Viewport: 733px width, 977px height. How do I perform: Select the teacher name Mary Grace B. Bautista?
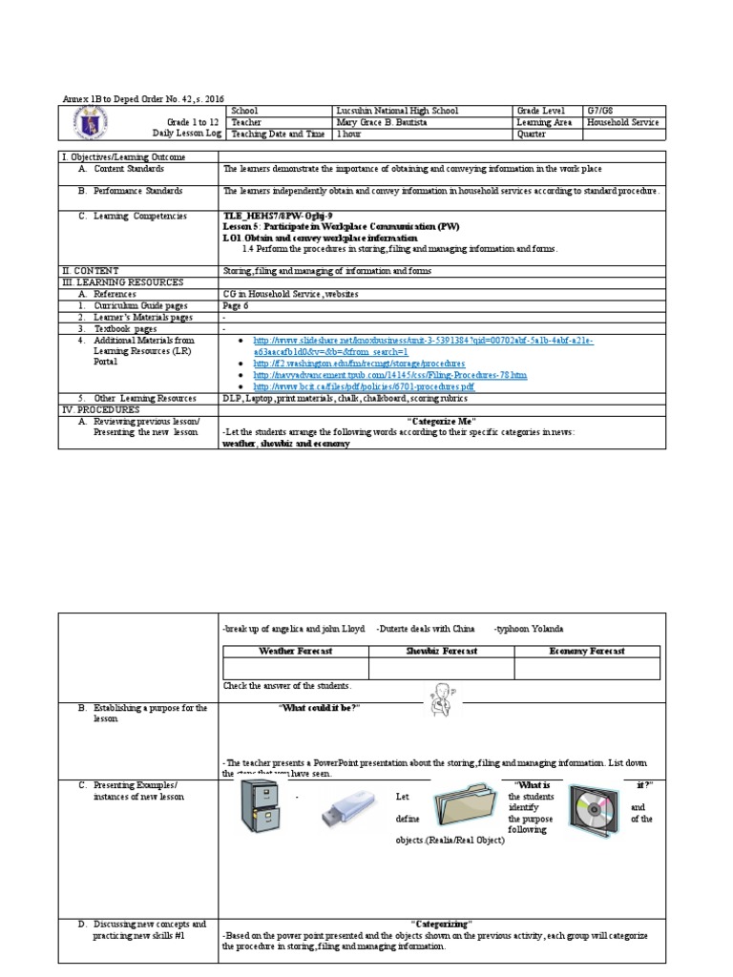(384, 122)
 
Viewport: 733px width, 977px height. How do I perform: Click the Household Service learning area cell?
(622, 122)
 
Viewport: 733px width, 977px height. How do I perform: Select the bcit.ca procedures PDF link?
(363, 386)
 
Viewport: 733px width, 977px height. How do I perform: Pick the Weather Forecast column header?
(296, 651)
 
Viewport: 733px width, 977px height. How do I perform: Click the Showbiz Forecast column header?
(441, 651)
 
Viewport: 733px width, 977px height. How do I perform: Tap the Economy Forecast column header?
(586, 651)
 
